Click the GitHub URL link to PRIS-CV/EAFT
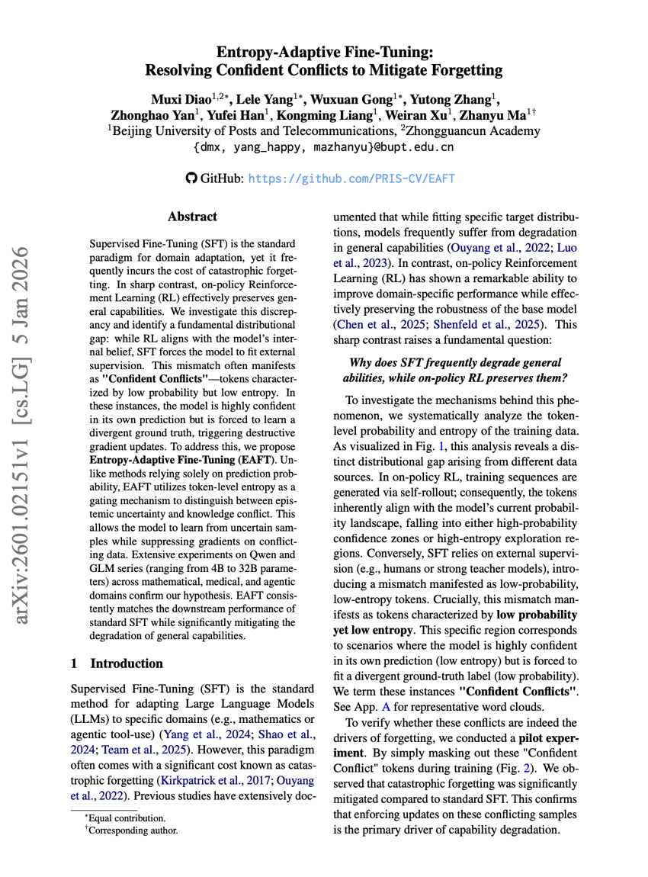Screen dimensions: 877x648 (x=352, y=178)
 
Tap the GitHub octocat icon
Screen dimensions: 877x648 (x=191, y=178)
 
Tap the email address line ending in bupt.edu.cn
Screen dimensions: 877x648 (x=324, y=146)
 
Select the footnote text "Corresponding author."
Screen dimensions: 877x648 (x=132, y=829)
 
